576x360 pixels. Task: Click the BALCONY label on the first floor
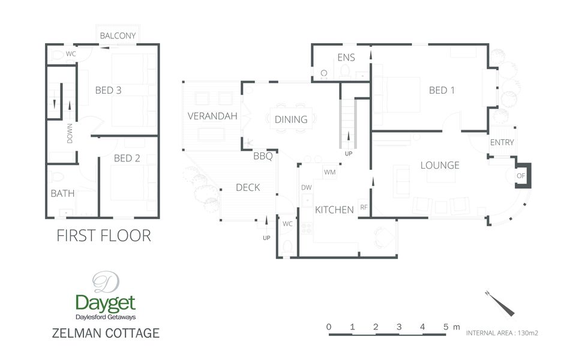pyautogui.click(x=118, y=36)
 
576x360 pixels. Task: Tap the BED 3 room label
pyautogui.click(x=109, y=91)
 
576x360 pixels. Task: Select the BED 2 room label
pyautogui.click(x=127, y=158)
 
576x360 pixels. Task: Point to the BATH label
pyautogui.click(x=62, y=194)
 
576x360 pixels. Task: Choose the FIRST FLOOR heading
pyautogui.click(x=104, y=236)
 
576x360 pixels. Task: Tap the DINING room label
pyautogui.click(x=291, y=119)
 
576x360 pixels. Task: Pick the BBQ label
pyautogui.click(x=263, y=157)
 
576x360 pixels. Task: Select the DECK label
pyautogui.click(x=248, y=188)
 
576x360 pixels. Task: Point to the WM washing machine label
pyautogui.click(x=329, y=173)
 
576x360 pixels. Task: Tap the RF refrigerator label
pyautogui.click(x=364, y=208)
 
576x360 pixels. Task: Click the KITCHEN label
pyautogui.click(x=334, y=210)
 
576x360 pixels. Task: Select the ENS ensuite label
pyautogui.click(x=346, y=58)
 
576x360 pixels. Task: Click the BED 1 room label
pyautogui.click(x=442, y=91)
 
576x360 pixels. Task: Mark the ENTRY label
pyautogui.click(x=502, y=143)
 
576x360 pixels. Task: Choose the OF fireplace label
pyautogui.click(x=520, y=176)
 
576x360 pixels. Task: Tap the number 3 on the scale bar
pyautogui.click(x=399, y=327)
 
